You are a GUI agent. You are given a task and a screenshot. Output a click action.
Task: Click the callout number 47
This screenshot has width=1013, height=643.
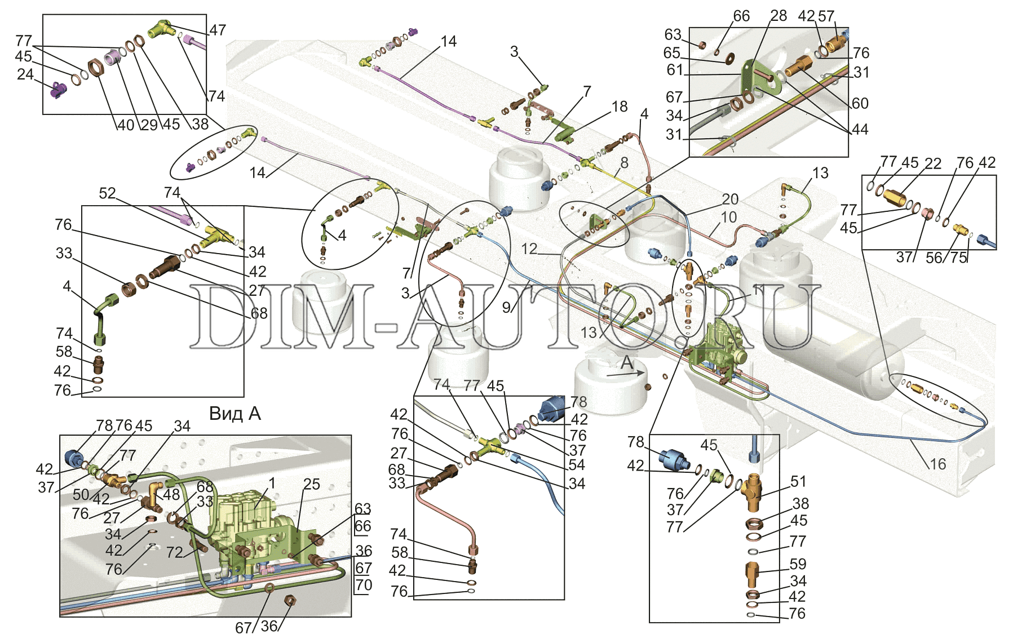point(218,30)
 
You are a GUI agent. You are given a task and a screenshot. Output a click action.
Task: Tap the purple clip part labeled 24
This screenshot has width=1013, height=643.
point(59,90)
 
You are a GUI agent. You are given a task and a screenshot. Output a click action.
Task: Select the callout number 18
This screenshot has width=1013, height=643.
point(619,107)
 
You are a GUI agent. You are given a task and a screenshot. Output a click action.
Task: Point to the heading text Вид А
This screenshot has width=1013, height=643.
point(235,414)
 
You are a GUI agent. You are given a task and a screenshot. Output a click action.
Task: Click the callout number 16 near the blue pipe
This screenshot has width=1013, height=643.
point(937,464)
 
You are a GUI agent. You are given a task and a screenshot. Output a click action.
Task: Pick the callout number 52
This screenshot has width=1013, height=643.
point(107,193)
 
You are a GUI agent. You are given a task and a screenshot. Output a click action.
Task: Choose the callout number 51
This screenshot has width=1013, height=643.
point(798,481)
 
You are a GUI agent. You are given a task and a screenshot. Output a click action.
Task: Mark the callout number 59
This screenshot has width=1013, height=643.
point(798,564)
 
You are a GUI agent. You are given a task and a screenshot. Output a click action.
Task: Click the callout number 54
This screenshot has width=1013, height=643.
point(577,465)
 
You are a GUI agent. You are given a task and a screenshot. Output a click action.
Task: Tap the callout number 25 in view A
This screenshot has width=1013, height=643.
point(311,484)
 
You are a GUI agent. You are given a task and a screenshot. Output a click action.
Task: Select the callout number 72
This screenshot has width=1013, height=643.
point(175,552)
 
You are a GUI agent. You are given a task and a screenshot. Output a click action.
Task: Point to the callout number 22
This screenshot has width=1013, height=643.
point(933,163)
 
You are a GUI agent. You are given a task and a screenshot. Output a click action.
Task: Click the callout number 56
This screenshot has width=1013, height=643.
point(934,258)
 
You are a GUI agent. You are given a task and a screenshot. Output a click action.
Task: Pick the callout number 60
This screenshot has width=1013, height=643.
point(860,103)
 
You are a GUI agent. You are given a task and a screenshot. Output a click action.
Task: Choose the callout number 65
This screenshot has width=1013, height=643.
point(672,53)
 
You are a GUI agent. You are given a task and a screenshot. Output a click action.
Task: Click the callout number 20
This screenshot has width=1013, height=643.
point(730,199)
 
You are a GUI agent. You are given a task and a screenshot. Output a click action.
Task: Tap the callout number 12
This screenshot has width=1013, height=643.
point(529,249)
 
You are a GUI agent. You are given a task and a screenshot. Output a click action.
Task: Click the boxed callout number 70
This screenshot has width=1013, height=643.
point(364,585)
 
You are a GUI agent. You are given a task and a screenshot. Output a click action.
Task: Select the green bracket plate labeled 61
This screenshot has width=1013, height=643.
point(747,76)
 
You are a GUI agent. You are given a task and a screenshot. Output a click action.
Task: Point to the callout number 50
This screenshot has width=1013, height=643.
point(81,494)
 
